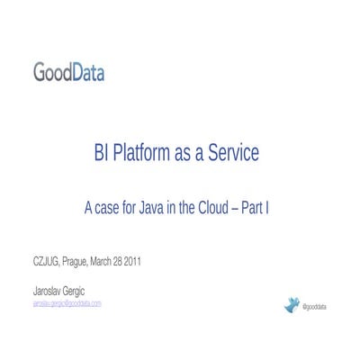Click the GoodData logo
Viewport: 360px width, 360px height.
(x=68, y=72)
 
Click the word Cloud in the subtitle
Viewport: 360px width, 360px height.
(x=212, y=208)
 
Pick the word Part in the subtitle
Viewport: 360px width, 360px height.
(x=254, y=208)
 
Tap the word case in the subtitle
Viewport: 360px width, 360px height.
(x=109, y=208)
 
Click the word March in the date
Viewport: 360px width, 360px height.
(x=104, y=262)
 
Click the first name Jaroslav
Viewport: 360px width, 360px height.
(x=49, y=291)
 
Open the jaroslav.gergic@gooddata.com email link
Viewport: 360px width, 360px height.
(x=67, y=303)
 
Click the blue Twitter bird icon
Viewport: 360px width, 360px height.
(x=291, y=306)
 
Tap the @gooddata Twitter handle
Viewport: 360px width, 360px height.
(x=314, y=308)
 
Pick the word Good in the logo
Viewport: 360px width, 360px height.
(x=51, y=72)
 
